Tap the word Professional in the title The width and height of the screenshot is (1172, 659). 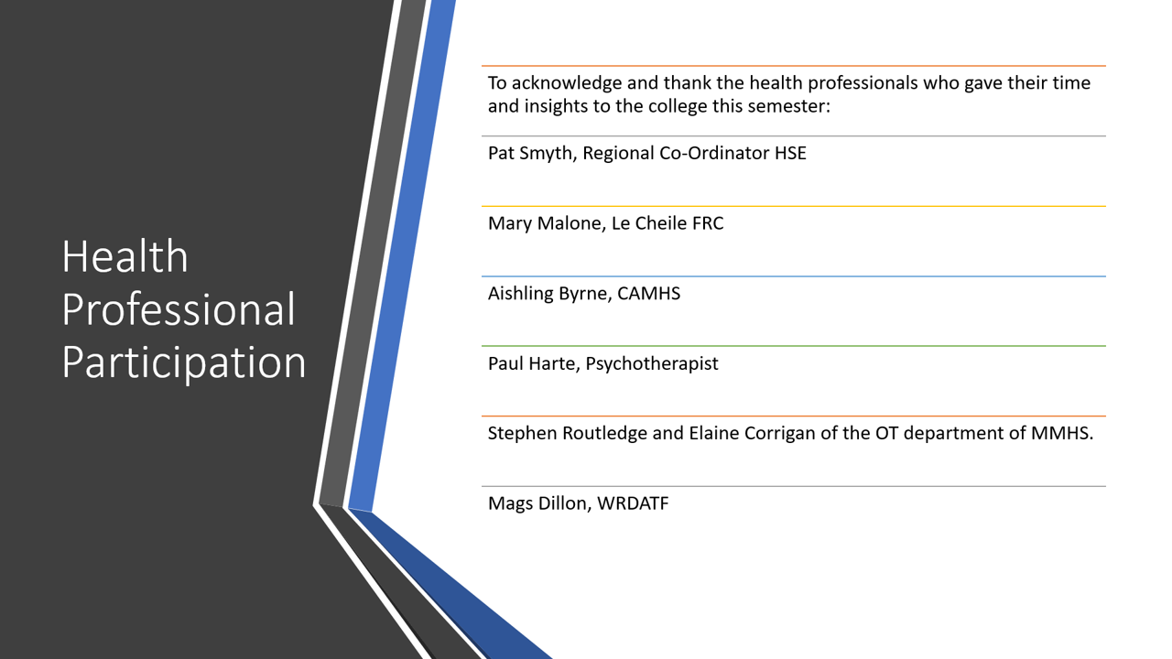coord(179,308)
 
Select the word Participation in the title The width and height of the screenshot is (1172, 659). coord(184,362)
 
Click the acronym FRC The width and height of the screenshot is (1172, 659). coord(708,222)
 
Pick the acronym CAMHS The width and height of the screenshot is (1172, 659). coord(649,293)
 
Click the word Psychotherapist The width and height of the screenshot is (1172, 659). coord(652,363)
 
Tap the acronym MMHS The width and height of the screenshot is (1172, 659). coord(1062,433)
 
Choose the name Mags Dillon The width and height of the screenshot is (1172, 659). coord(540,503)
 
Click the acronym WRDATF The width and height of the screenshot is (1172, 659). coord(633,503)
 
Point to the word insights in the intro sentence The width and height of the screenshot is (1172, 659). coord(556,107)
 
